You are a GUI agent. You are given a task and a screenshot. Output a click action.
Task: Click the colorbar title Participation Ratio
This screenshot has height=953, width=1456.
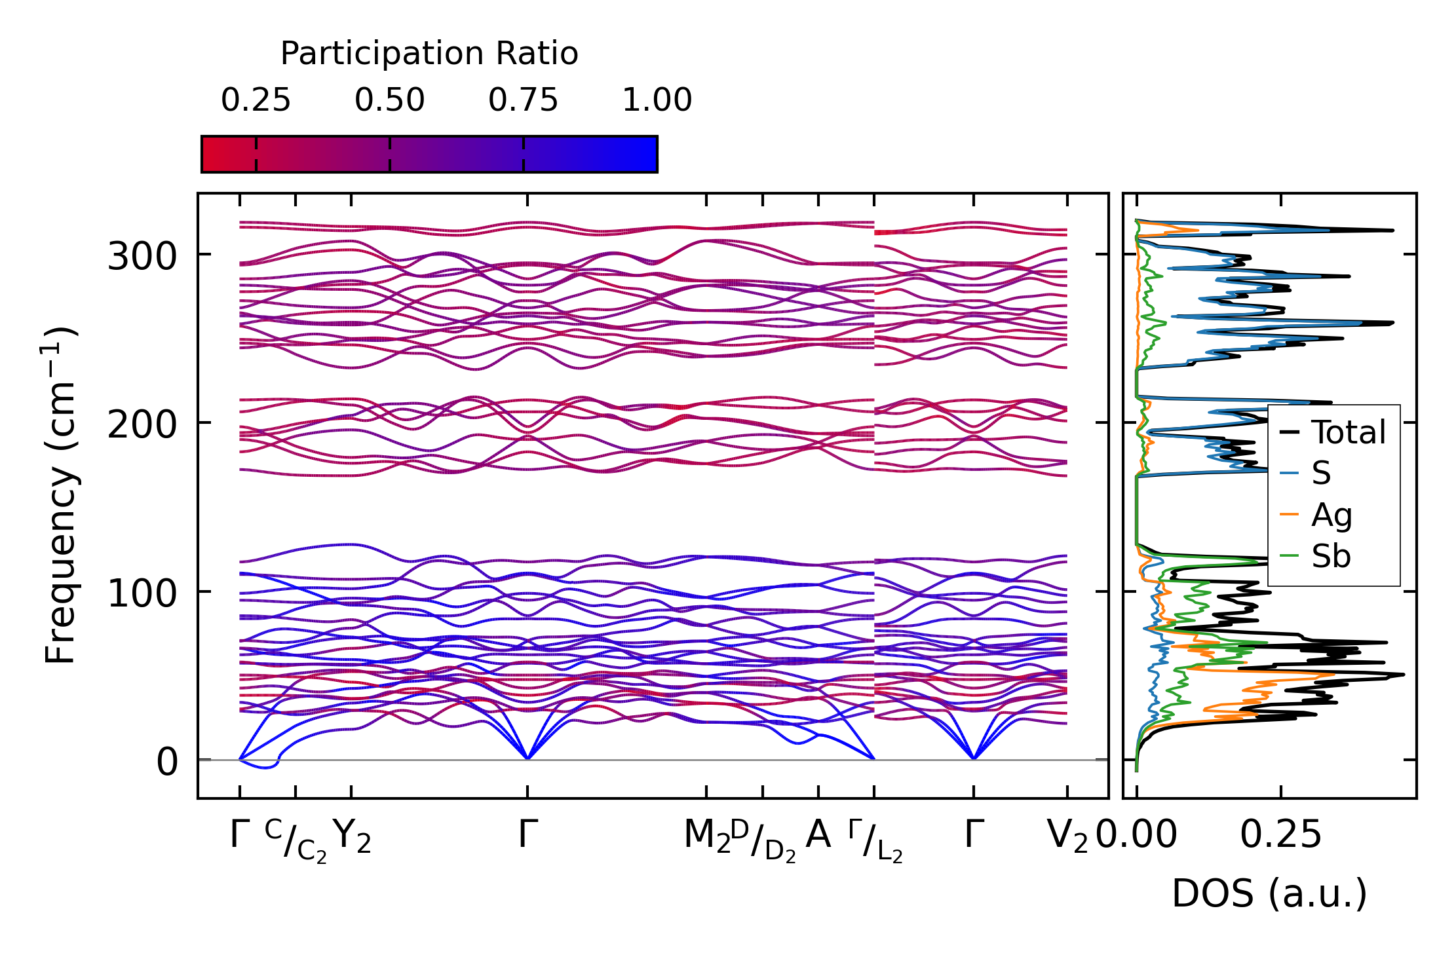point(429,54)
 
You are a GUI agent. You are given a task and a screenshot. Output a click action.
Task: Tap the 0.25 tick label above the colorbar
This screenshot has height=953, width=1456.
point(256,101)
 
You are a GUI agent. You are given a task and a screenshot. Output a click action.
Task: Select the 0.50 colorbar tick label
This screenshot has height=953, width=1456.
point(390,101)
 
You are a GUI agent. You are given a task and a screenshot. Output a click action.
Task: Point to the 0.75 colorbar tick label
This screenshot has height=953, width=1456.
point(523,101)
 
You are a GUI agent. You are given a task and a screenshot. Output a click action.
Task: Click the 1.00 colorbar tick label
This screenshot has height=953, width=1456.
point(657,101)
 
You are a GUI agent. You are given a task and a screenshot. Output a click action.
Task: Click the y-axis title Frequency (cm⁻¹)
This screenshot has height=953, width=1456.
point(61,496)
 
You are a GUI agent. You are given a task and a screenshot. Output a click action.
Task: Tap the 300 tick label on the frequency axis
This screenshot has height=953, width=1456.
point(142,256)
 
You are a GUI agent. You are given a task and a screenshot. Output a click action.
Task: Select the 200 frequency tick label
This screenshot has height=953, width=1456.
point(142,425)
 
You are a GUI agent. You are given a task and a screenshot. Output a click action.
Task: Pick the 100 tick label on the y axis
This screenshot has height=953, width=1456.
point(142,594)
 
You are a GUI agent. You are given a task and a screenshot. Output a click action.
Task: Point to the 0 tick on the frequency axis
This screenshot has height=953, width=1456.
point(166,762)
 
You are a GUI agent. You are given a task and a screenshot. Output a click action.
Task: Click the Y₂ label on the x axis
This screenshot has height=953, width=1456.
point(352,836)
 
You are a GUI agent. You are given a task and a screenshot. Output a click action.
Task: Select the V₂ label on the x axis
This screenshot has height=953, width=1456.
point(1067,836)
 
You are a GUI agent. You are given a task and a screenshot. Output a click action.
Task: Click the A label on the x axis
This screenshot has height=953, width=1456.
point(818,835)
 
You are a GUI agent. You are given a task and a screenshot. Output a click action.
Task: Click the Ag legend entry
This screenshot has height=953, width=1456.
point(1331,515)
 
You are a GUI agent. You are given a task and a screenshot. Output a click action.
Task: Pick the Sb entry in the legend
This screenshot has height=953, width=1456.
point(1330,556)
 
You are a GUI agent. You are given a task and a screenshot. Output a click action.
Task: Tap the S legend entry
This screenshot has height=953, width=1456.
point(1320,473)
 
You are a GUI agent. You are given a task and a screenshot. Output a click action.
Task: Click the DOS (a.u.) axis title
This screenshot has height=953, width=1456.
point(1269,894)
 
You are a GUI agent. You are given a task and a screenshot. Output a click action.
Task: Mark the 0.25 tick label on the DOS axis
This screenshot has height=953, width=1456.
point(1280,835)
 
